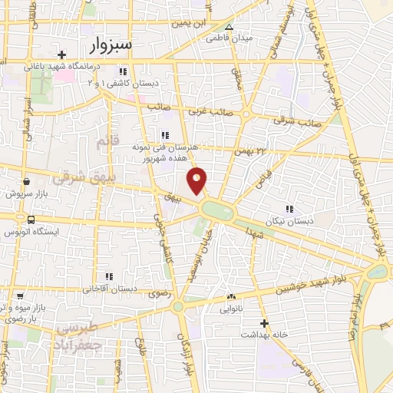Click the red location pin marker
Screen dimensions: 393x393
click(197, 180)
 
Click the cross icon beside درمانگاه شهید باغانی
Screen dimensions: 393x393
click(62, 54)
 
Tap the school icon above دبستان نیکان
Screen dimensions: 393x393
click(289, 209)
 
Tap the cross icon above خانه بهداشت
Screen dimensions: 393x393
click(264, 323)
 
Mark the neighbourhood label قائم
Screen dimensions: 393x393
click(104, 142)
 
